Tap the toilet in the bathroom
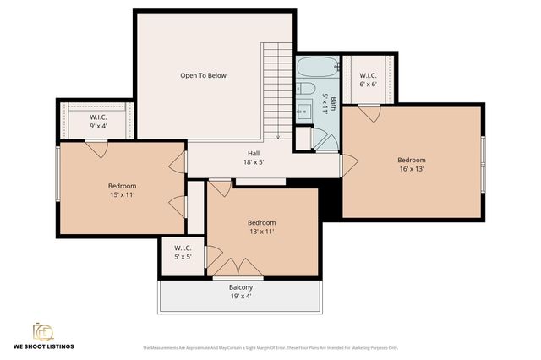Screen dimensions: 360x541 coord(307,88)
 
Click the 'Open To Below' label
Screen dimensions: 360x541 coord(203,75)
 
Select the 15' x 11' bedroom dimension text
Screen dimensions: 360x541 coord(122,194)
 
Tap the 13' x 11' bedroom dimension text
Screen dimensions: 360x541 coord(262,232)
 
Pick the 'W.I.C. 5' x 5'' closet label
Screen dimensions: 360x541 coord(182,253)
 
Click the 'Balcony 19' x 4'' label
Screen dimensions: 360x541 coord(240,292)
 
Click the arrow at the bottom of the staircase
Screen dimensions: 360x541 coord(278,135)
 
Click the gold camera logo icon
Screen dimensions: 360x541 coord(42,330)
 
